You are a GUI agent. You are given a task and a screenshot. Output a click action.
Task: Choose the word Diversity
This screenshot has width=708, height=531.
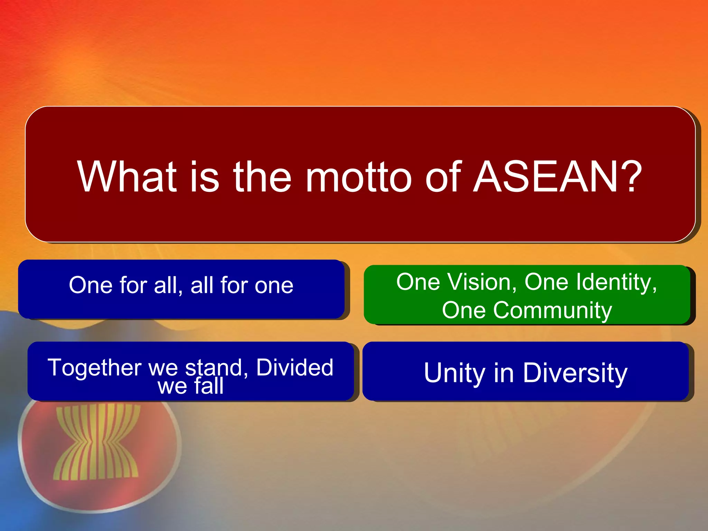coord(575,374)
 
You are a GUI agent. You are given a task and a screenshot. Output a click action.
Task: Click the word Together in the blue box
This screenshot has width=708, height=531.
coord(94,368)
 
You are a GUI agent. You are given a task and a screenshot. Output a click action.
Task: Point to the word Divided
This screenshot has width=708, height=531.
coord(295,367)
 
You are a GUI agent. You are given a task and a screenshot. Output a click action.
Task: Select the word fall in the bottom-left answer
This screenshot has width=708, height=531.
coord(208,386)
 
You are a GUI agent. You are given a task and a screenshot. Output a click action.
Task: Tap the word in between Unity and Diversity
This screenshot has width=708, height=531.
coord(504,373)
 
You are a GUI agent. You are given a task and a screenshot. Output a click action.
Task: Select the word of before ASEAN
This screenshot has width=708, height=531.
coord(444,177)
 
